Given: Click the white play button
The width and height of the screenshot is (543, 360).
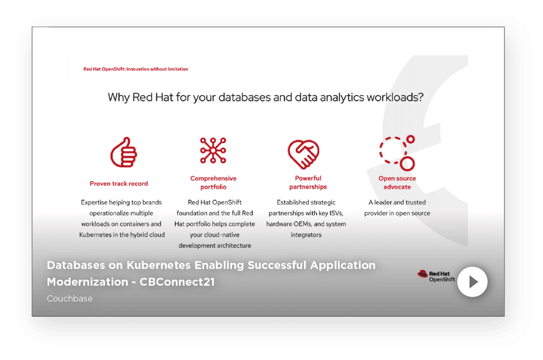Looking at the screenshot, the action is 472,282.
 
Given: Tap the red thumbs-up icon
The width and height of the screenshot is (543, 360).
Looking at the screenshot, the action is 124,152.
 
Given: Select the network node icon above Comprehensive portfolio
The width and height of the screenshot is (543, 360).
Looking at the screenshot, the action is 213,150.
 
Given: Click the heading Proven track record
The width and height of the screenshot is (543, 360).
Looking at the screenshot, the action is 119,183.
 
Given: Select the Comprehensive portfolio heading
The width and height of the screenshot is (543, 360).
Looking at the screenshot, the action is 213,183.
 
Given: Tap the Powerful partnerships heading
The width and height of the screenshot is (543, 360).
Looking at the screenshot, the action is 308,183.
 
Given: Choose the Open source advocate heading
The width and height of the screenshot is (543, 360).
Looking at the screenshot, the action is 397,183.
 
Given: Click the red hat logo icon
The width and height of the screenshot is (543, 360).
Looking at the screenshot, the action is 423,274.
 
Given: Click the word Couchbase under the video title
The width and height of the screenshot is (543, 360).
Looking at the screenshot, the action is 70,298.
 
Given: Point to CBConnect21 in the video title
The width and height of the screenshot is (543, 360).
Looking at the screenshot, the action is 177,282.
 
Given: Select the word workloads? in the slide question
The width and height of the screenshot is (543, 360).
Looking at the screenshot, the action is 395,97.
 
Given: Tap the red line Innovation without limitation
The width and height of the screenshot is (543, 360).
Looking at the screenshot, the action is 157,69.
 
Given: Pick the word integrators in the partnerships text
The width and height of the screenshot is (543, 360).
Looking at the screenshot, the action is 306,235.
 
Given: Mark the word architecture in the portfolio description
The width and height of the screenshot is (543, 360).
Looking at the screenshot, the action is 234,245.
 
